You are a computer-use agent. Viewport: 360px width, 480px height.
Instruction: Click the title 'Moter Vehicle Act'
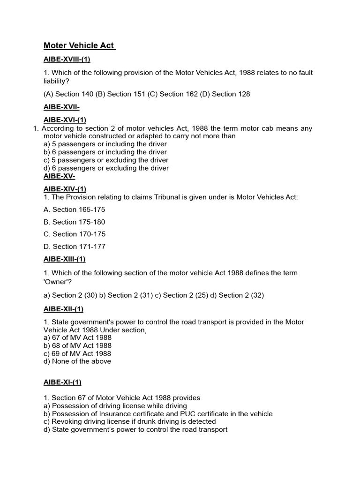click(x=79, y=45)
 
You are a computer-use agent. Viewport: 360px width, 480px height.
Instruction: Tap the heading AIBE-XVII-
click(x=61, y=107)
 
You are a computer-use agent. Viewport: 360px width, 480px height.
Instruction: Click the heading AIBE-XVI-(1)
click(x=65, y=120)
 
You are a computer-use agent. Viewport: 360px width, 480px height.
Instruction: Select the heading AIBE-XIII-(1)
click(x=65, y=259)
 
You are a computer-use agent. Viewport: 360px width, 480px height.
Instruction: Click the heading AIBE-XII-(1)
click(x=63, y=309)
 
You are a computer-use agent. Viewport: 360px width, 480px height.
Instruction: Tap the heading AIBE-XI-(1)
click(x=62, y=382)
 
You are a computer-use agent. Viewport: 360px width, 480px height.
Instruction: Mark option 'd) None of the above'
click(x=77, y=361)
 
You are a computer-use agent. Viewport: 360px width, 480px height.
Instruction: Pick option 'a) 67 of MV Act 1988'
click(x=77, y=337)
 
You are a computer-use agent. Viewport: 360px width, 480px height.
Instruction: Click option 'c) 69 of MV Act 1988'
click(x=77, y=353)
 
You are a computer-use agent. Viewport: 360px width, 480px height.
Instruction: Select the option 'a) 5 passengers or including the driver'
click(x=105, y=144)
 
